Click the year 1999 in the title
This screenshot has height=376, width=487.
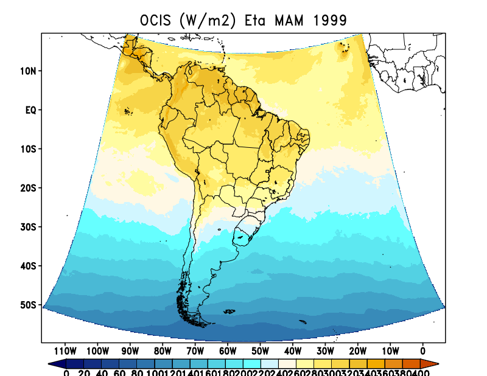(330, 20)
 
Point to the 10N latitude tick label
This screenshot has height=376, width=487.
(28, 71)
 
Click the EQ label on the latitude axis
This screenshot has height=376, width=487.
(30, 110)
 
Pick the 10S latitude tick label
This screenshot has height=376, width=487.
(28, 149)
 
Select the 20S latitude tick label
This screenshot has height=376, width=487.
(28, 188)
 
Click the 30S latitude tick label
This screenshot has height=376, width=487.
(28, 227)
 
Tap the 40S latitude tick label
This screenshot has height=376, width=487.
(28, 266)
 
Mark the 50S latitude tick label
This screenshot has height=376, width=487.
(28, 305)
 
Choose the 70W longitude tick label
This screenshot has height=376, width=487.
(195, 350)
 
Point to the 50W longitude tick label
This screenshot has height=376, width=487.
(260, 350)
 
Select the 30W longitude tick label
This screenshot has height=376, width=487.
(325, 350)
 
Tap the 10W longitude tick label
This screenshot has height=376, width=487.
(390, 350)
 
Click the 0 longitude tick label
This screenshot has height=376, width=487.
(422, 350)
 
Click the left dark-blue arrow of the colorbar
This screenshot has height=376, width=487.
(56, 363)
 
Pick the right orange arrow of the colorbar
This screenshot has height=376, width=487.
(432, 363)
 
